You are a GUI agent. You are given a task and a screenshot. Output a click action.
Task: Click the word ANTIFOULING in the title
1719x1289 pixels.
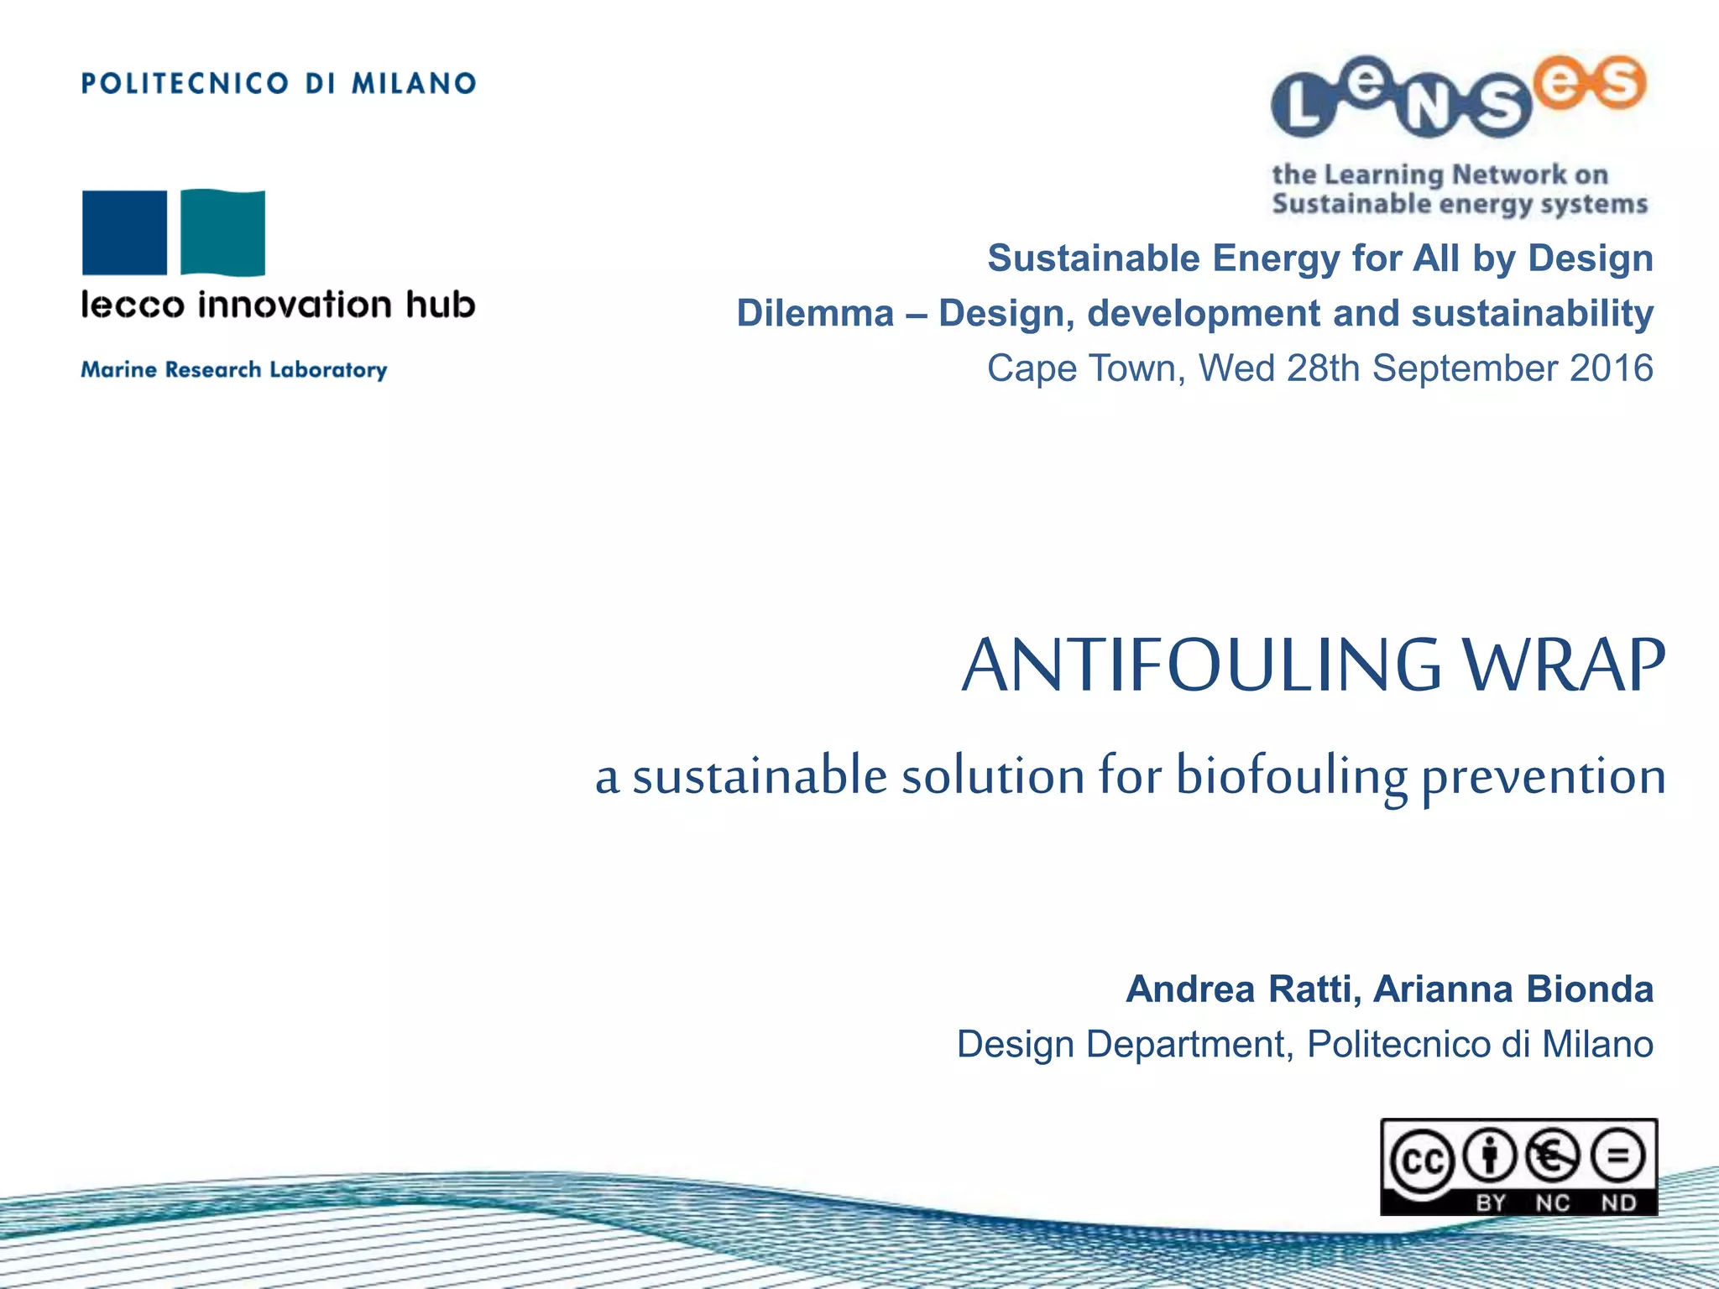pyautogui.click(x=1201, y=665)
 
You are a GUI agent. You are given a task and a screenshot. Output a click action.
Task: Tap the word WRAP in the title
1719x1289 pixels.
pyautogui.click(x=1563, y=665)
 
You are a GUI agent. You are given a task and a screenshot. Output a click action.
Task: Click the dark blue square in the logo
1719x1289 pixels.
pyautogui.click(x=124, y=232)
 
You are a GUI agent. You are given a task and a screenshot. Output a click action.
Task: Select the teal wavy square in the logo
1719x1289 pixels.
pyautogui.click(x=223, y=232)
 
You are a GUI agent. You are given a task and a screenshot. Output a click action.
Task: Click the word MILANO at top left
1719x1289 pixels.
pyautogui.click(x=414, y=83)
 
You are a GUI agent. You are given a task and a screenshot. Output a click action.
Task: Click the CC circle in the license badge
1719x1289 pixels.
pyautogui.click(x=1422, y=1161)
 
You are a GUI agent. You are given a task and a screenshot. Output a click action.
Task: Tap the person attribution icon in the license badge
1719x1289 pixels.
pyautogui.click(x=1490, y=1156)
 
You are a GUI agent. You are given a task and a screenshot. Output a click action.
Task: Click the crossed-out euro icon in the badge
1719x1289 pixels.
pyautogui.click(x=1553, y=1156)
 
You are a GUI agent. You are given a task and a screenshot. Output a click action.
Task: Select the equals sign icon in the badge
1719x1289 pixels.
pyautogui.click(x=1618, y=1156)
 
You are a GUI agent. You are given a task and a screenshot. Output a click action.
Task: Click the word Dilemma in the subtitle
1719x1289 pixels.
pyautogui.click(x=815, y=313)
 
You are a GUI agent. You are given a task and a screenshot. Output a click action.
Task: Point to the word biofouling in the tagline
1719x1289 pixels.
pyautogui.click(x=1291, y=775)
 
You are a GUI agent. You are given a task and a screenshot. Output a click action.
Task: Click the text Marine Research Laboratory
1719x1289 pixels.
pyautogui.click(x=234, y=369)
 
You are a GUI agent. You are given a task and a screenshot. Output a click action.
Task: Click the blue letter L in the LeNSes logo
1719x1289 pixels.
pyautogui.click(x=1303, y=107)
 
